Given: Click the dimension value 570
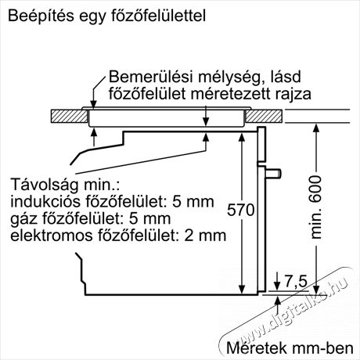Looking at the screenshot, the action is click(240, 210).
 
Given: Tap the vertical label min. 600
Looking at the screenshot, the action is click(316, 207).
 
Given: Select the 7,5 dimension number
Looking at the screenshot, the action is click(296, 282).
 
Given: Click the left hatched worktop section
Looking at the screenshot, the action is click(69, 116).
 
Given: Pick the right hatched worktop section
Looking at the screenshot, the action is click(264, 116).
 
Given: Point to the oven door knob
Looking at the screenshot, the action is click(273, 173).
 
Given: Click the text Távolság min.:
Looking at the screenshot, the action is click(65, 185).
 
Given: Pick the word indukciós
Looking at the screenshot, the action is click(45, 201).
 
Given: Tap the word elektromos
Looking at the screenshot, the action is click(52, 236).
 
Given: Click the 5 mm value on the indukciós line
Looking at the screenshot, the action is click(193, 201).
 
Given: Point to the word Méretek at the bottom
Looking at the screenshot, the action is click(257, 347).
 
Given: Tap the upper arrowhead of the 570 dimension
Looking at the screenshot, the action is click(242, 138).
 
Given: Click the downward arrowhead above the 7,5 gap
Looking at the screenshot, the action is click(277, 285).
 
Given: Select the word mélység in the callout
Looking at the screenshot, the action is click(228, 77).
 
